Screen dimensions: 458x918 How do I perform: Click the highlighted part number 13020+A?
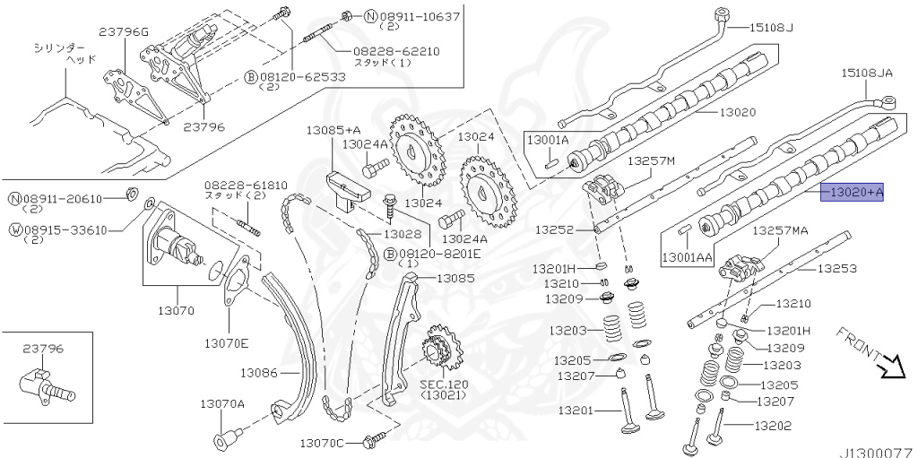tap(853, 191)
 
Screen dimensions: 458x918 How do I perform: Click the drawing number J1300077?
tap(874, 451)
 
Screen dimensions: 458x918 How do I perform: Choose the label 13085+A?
tap(333, 130)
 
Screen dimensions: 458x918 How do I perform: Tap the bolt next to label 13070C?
tap(375, 438)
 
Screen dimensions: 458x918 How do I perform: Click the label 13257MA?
tap(779, 230)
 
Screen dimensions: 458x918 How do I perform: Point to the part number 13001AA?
tap(688, 257)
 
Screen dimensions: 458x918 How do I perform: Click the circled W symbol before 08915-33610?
tap(15, 229)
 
